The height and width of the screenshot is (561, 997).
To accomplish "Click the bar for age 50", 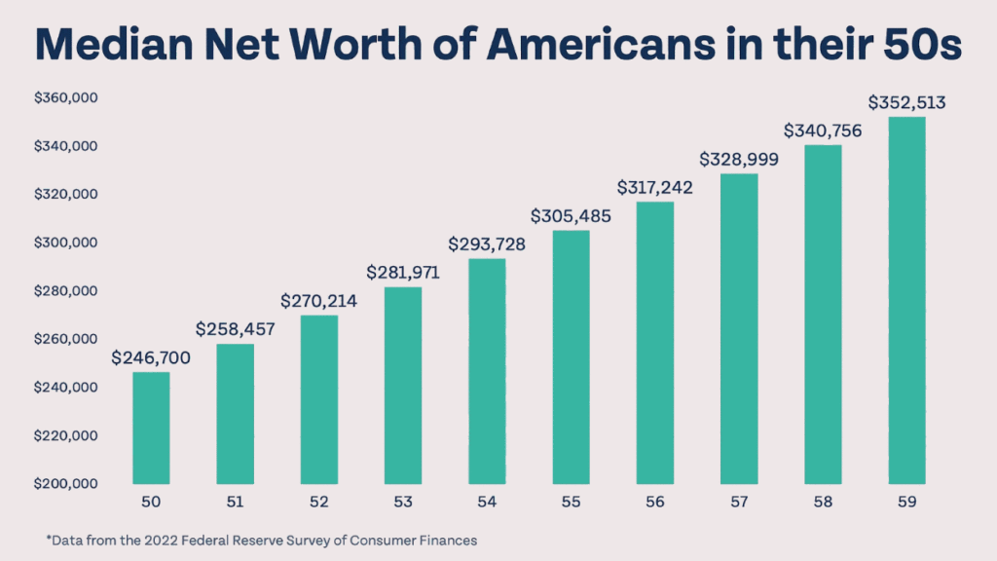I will [151, 429].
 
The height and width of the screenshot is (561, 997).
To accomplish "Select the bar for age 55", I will [571, 357].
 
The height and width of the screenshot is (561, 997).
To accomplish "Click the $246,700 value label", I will [151, 358].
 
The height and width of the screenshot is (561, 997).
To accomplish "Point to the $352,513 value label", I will [905, 102].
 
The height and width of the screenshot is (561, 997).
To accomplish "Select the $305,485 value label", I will [571, 216].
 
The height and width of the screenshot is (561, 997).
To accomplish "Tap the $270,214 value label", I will [318, 301].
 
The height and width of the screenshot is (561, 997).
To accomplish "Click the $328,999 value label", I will [738, 159].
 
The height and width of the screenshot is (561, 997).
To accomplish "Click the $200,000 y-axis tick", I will [69, 483].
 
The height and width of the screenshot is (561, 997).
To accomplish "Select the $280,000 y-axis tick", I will [69, 291].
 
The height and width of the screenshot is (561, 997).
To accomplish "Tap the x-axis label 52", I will [318, 502].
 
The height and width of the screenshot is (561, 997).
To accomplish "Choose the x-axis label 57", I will [738, 502].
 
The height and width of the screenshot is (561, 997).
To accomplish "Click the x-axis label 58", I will [823, 502].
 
